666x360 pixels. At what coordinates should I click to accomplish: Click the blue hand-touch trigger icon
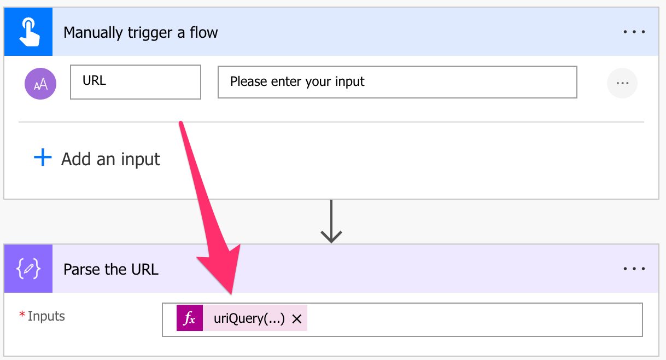pyautogui.click(x=28, y=32)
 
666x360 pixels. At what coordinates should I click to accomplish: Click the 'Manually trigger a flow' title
pyautogui.click(x=141, y=32)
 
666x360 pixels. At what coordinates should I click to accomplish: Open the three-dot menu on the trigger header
pyautogui.click(x=634, y=32)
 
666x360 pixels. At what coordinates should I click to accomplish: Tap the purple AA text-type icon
pyautogui.click(x=40, y=84)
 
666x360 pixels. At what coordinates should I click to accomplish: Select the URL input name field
pyautogui.click(x=136, y=82)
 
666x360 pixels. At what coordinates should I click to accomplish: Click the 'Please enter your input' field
pyautogui.click(x=398, y=82)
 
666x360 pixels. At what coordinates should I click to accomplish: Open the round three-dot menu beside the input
pyautogui.click(x=622, y=83)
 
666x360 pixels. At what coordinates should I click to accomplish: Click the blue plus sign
pyautogui.click(x=43, y=157)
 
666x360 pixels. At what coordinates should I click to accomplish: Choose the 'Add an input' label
pyautogui.click(x=110, y=159)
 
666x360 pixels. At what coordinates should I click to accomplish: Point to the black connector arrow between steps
pyautogui.click(x=331, y=222)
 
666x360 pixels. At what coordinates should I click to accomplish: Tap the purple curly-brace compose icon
pyautogui.click(x=28, y=269)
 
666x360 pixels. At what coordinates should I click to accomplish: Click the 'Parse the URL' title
pyautogui.click(x=111, y=270)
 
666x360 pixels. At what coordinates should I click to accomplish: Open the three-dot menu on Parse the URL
pyautogui.click(x=634, y=269)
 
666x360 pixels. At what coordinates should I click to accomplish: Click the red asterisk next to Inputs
pyautogui.click(x=22, y=314)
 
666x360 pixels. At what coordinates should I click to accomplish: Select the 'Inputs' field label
pyautogui.click(x=46, y=316)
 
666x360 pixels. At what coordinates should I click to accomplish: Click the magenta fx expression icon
pyautogui.click(x=190, y=318)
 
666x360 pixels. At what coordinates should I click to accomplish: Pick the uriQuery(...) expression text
pyautogui.click(x=249, y=318)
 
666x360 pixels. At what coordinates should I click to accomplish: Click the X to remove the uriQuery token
pyautogui.click(x=297, y=319)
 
